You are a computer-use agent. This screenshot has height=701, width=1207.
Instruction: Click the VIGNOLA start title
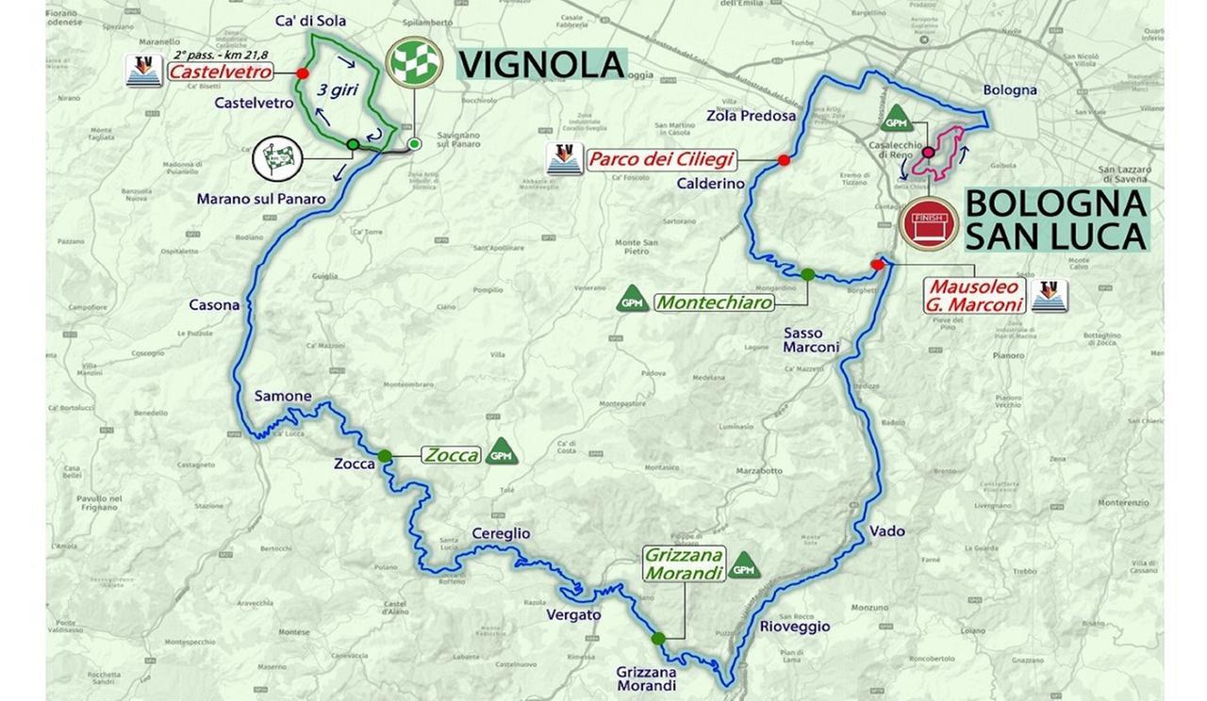(541, 64)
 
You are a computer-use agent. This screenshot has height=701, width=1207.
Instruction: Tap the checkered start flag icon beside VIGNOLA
(414, 63)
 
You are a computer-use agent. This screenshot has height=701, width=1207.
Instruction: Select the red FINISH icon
(929, 224)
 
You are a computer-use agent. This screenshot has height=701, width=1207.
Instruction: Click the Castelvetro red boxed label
(221, 72)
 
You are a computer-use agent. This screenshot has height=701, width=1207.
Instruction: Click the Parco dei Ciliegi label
(661, 159)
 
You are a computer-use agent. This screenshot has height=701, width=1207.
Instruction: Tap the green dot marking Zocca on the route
(385, 456)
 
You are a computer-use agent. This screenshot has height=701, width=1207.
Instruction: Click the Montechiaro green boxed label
(714, 302)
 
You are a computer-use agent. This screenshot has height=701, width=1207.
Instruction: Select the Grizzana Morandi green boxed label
(684, 562)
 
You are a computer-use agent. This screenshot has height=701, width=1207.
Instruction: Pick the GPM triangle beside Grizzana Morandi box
(744, 566)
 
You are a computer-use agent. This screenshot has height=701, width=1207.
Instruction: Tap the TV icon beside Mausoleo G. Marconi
(1049, 296)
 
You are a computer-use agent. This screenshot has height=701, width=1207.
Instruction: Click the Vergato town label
(573, 614)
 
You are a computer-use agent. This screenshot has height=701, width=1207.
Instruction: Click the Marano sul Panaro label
(261, 199)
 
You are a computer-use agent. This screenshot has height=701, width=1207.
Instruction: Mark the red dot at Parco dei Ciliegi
(784, 160)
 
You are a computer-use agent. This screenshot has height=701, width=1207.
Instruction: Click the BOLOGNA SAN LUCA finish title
(1055, 220)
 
